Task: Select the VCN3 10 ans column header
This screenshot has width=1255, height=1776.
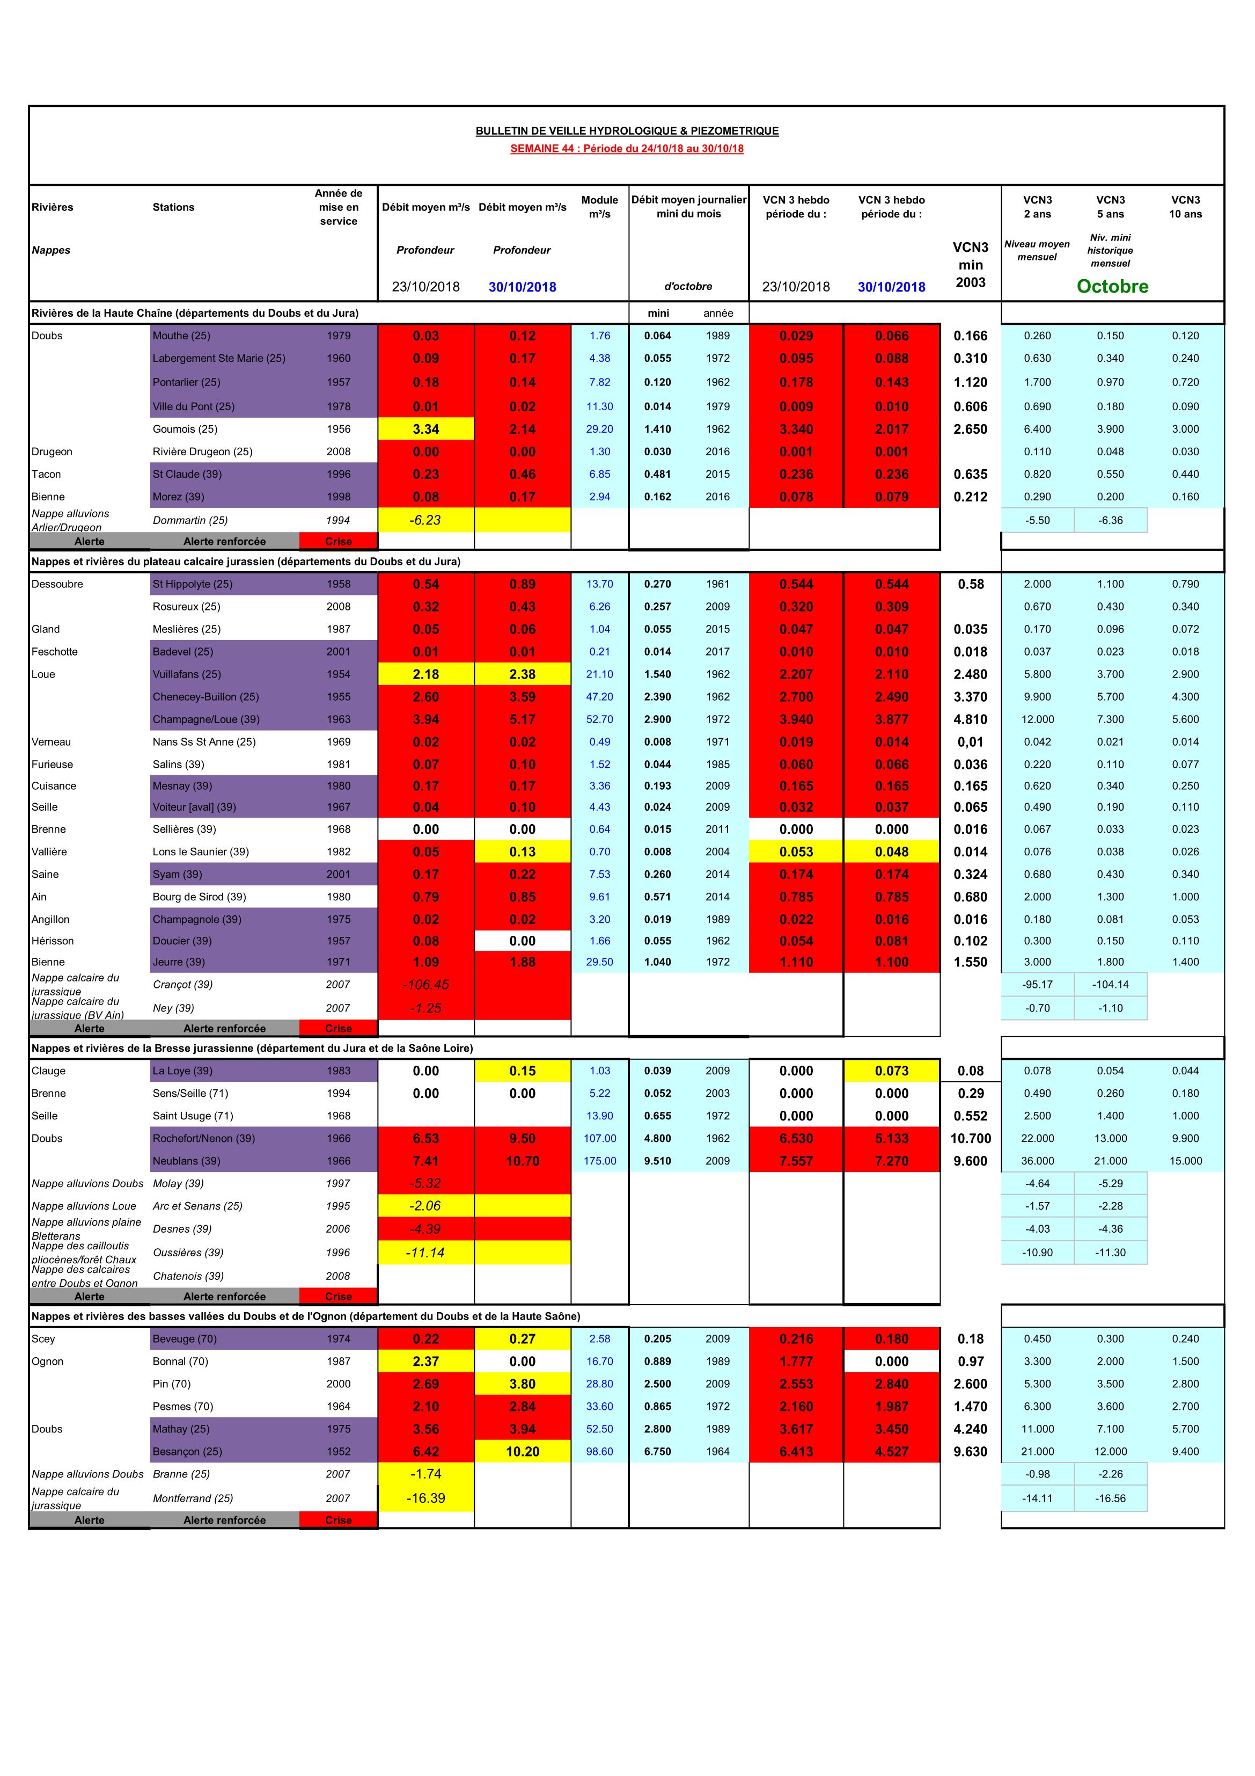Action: click(1185, 207)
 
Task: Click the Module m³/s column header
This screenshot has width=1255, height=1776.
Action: click(599, 207)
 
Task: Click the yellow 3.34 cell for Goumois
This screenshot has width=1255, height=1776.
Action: click(425, 430)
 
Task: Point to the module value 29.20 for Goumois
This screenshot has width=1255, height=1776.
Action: click(599, 430)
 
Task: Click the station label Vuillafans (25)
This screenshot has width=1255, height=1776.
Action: click(186, 674)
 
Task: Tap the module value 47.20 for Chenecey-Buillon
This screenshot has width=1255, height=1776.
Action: click(599, 697)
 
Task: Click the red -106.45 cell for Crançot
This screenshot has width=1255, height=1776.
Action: click(425, 985)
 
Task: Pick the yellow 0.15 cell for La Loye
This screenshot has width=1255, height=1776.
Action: click(522, 1071)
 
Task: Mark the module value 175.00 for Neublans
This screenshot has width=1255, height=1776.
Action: click(599, 1161)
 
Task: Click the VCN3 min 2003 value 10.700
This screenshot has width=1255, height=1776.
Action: click(971, 1139)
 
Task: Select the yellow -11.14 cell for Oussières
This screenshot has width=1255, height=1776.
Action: click(425, 1253)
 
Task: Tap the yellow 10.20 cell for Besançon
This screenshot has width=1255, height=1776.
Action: click(522, 1452)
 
